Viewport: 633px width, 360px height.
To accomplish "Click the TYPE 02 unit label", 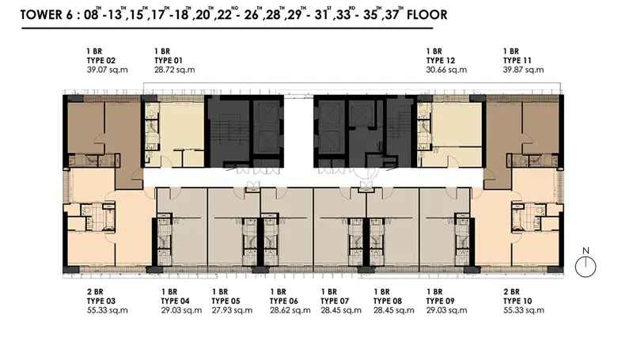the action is point(101,61).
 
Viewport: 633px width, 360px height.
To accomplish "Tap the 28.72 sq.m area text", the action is point(174,70).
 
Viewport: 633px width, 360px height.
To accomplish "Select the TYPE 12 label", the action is point(441,61).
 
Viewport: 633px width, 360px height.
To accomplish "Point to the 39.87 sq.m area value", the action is point(523,70).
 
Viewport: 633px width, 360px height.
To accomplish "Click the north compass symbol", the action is point(586,267).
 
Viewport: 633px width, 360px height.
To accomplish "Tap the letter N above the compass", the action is point(586,251).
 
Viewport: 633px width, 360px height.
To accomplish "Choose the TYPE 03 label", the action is point(101,301).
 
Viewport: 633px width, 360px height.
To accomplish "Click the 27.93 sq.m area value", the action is point(232,310).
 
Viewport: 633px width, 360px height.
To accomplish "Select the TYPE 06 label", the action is point(284,301).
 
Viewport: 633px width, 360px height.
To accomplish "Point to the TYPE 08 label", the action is point(388,301).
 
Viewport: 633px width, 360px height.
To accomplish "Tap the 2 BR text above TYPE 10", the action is point(511,292).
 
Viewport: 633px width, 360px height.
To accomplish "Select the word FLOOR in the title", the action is point(426,15).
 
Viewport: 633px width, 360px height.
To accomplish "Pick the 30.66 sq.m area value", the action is point(446,70).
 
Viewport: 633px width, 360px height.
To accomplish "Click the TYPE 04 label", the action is point(175,301).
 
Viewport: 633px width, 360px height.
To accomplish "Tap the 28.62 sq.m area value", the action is point(290,310).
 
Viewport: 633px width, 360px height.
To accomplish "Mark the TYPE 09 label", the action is point(441,301).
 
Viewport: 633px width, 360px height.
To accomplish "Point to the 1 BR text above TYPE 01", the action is point(162,51).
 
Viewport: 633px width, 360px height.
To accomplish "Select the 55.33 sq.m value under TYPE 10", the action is point(524,310).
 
